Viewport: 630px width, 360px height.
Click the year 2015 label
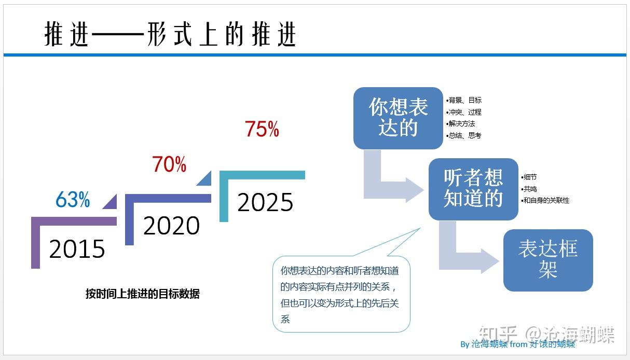[77, 248]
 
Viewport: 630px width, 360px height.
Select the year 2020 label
[171, 225]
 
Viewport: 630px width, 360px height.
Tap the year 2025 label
[265, 202]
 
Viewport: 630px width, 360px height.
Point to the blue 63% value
[73, 199]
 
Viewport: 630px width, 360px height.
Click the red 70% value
[169, 164]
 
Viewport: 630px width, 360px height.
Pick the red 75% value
[262, 129]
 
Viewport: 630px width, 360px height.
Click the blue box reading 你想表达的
[398, 118]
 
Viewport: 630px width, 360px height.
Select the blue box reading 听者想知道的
[473, 189]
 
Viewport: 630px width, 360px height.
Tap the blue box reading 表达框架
[548, 260]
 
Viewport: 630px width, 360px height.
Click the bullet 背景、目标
[464, 100]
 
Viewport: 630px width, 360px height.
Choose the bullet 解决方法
[460, 123]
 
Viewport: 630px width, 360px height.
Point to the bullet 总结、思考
[464, 136]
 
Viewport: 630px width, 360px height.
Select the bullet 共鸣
[529, 189]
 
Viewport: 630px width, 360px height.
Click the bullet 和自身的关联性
[545, 200]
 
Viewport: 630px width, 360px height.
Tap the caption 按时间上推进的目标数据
[143, 294]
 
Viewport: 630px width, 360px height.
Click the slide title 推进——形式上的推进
[170, 34]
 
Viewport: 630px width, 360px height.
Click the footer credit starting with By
[517, 344]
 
